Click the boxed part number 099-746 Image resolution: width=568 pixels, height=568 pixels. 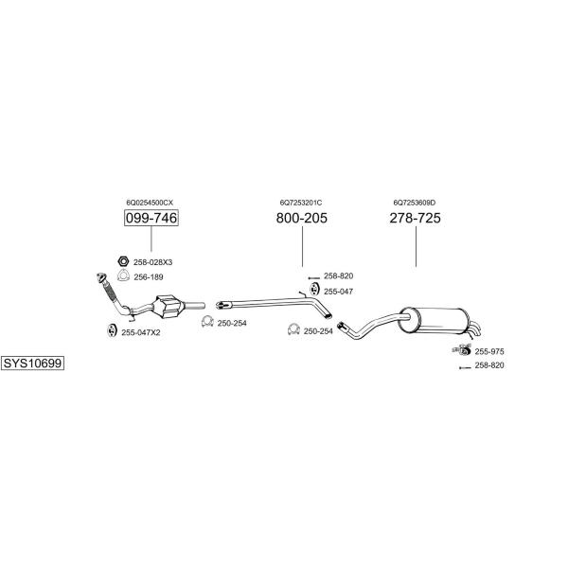point(151,218)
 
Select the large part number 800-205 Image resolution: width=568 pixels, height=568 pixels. point(301,218)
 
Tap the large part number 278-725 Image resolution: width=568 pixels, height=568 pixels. point(416,218)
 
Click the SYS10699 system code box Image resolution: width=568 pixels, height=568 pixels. point(32,363)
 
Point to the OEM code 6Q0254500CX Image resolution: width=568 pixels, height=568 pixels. point(150,203)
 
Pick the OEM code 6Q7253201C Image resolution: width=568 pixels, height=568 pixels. point(301,203)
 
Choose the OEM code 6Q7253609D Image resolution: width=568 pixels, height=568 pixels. point(415,203)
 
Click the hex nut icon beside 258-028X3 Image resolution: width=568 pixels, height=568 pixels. point(123,261)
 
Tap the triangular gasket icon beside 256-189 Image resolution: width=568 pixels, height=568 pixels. point(123,275)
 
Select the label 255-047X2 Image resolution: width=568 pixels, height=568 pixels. point(140,332)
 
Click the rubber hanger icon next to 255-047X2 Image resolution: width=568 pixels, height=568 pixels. point(111,330)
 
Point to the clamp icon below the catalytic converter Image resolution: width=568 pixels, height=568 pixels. point(207,321)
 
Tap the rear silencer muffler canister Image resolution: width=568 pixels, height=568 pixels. point(431,320)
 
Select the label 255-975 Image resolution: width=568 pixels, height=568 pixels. point(489,351)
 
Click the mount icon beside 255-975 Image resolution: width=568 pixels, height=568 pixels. point(462,350)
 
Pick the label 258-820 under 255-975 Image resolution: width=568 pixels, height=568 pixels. point(489,365)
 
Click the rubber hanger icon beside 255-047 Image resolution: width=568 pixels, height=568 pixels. point(313,290)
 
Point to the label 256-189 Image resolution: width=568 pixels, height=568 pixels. point(149,277)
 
